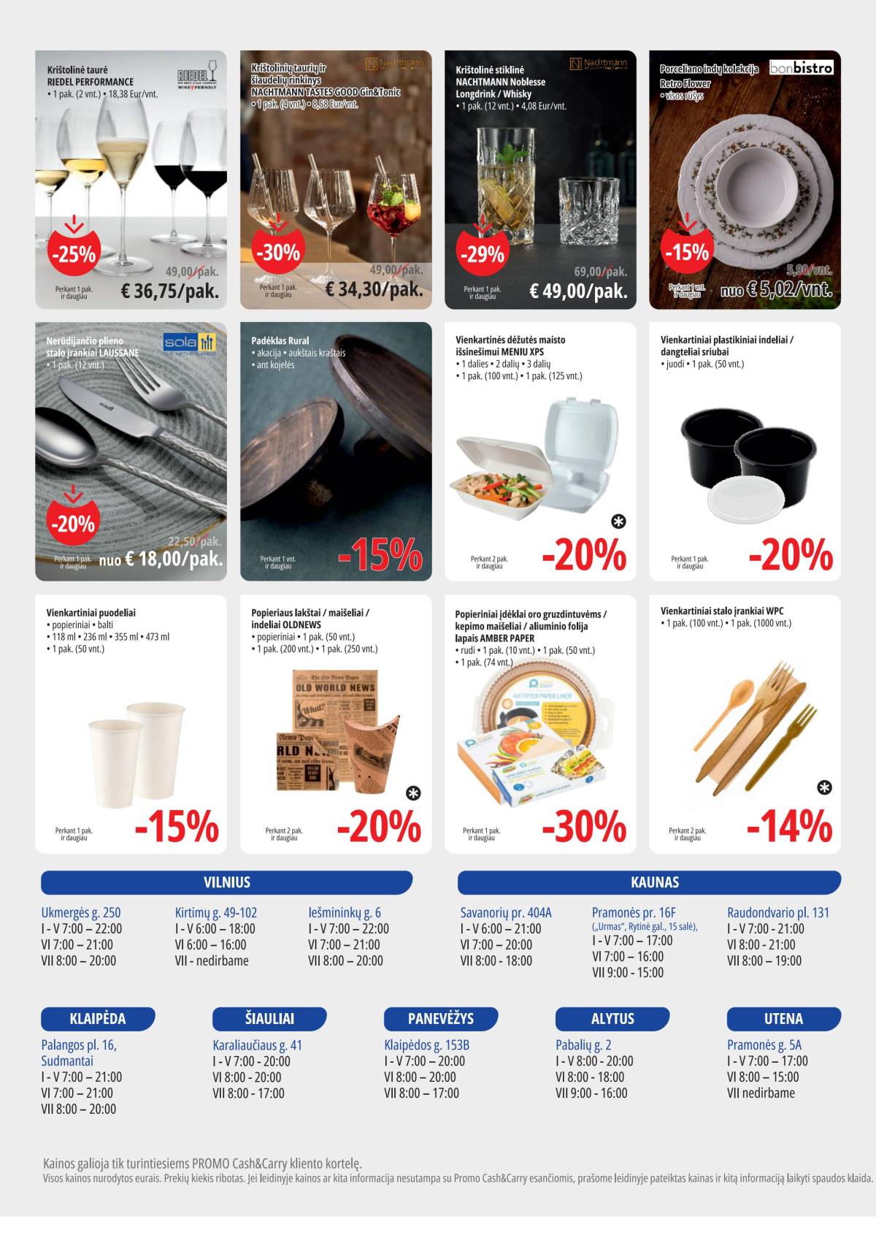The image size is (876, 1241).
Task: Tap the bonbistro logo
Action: [x=801, y=68]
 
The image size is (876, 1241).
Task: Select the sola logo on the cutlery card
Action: [x=190, y=343]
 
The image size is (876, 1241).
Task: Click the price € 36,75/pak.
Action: [x=169, y=291]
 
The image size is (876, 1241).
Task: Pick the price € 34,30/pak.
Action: [x=374, y=289]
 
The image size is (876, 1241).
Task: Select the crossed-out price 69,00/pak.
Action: [x=600, y=272]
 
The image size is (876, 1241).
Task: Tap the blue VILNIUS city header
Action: [x=226, y=882]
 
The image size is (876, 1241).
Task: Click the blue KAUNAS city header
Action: [x=654, y=882]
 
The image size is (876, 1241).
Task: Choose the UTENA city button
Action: [x=783, y=1018]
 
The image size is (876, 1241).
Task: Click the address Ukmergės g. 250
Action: [x=81, y=912]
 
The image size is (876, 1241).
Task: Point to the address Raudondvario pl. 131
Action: [x=778, y=912]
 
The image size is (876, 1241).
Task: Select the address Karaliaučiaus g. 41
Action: [x=257, y=1045]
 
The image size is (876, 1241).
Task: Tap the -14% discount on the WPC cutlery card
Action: [x=789, y=827]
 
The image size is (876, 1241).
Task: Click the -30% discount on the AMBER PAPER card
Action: [x=584, y=827]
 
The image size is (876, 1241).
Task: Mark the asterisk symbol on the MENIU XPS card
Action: [x=618, y=522]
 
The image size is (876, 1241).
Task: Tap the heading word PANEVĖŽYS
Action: [x=440, y=1018]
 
